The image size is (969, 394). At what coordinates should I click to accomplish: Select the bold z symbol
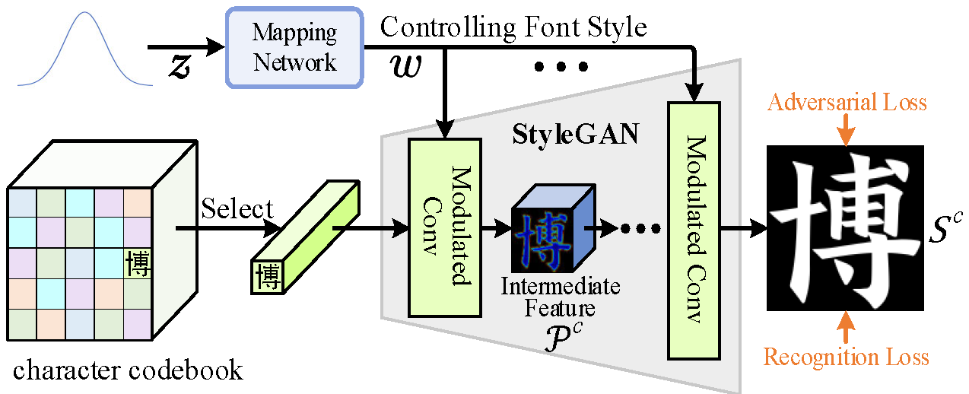tap(179, 67)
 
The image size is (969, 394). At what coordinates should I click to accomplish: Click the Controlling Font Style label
tap(513, 27)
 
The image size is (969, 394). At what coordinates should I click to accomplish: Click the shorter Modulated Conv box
tap(445, 227)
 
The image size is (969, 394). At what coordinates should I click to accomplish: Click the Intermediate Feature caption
tap(560, 297)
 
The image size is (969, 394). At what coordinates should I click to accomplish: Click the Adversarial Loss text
tap(847, 102)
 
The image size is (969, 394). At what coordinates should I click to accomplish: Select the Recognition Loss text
tap(846, 356)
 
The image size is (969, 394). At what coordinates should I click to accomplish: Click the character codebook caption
tap(128, 370)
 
